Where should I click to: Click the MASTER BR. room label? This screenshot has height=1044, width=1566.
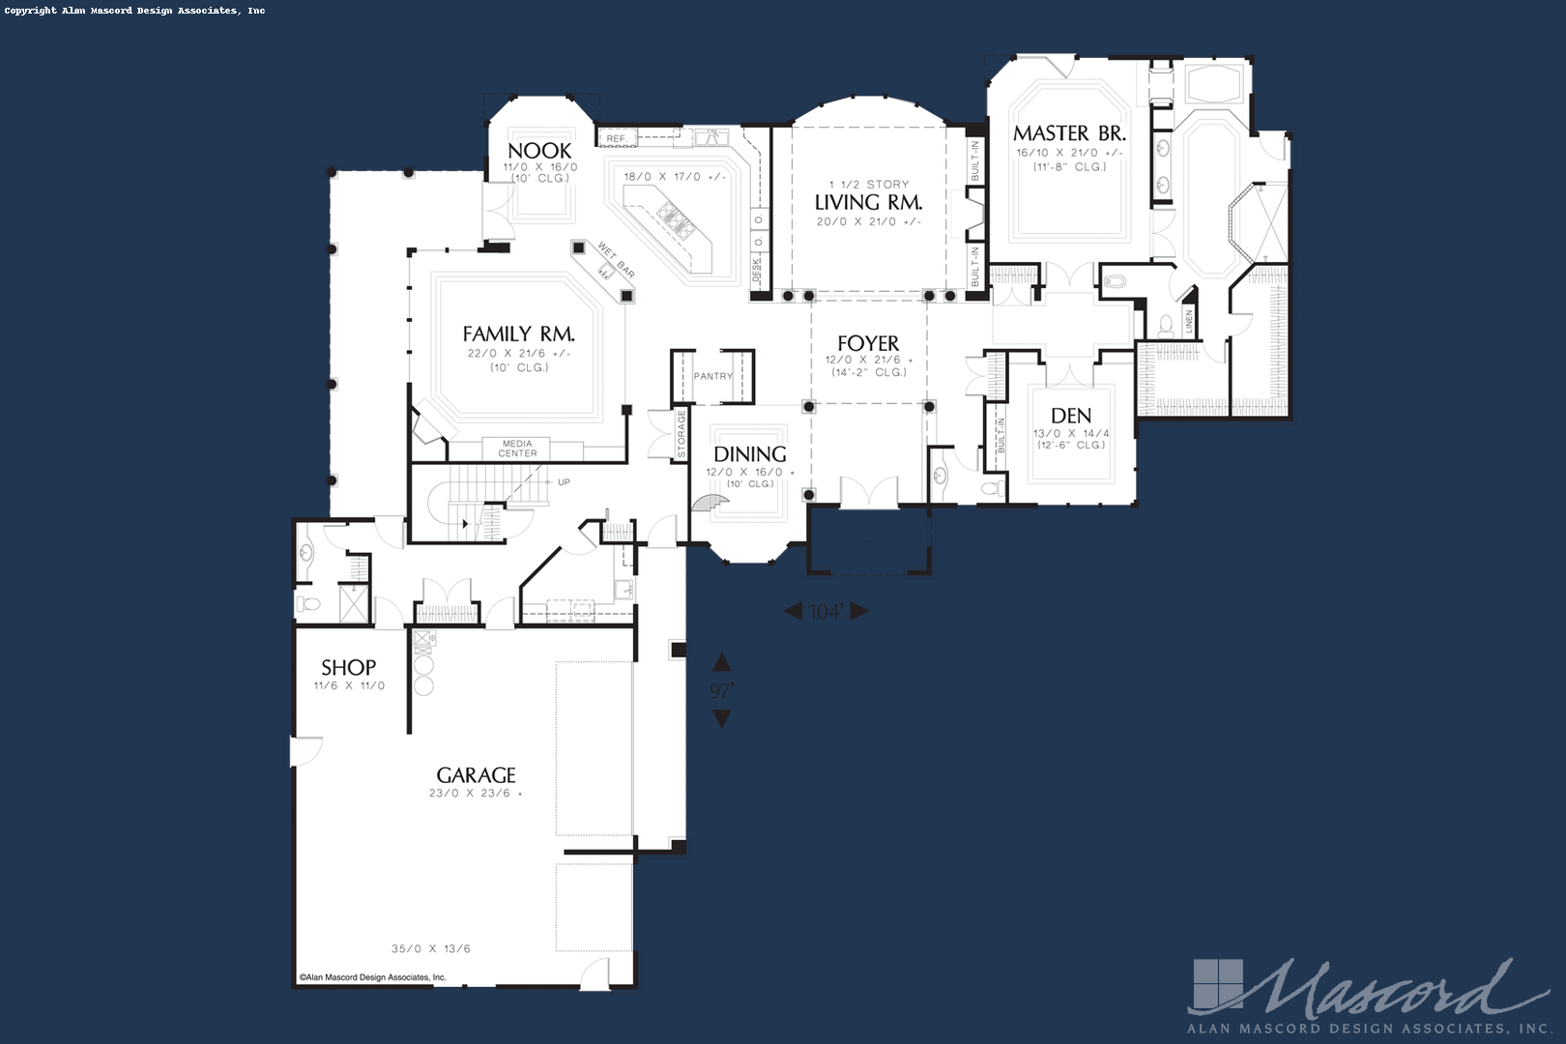[x=1070, y=132]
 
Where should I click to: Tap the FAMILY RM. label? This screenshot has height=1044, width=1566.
[x=519, y=334]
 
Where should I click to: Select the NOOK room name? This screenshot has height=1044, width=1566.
[x=539, y=151]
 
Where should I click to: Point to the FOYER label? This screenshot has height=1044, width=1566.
[x=868, y=343]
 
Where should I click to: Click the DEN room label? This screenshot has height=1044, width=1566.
[x=1071, y=416]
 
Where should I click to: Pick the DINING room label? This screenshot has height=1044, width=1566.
[x=750, y=454]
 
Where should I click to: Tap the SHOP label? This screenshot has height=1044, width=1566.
[x=348, y=667]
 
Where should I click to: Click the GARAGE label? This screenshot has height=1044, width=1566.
[x=477, y=775]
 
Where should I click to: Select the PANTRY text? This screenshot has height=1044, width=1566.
[x=713, y=376]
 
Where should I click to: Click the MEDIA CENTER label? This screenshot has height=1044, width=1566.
[x=518, y=449]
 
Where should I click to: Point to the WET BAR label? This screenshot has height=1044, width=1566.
[x=617, y=260]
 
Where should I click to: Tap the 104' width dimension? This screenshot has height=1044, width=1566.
[x=826, y=612]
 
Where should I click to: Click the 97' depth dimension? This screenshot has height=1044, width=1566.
[x=721, y=691]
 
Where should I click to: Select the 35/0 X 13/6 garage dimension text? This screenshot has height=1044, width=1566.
[x=431, y=949]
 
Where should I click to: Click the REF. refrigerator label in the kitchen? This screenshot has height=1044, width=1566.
[x=617, y=139]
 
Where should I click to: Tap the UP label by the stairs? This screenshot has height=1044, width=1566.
[x=565, y=482]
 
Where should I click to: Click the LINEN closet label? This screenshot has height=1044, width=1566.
[x=1188, y=322]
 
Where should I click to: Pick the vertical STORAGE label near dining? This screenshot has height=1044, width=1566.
[x=681, y=434]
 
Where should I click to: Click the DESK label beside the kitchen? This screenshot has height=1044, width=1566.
[x=757, y=270]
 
